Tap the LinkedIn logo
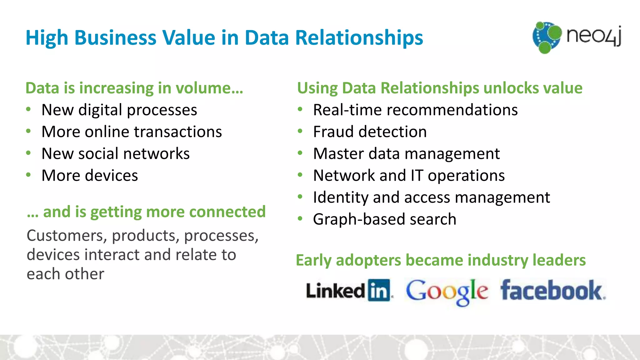tap(348, 290)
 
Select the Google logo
tap(447, 291)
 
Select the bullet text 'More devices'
tap(90, 175)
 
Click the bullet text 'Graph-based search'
tap(385, 219)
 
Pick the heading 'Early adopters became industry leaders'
tap(441, 260)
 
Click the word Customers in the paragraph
tap(67, 235)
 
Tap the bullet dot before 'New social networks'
tap(28, 153)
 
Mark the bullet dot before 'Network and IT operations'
tap(300, 175)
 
